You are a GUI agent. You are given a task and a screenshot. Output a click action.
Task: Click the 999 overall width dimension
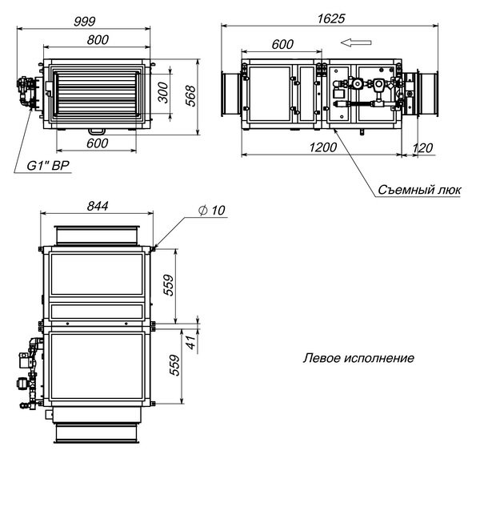click(x=96, y=20)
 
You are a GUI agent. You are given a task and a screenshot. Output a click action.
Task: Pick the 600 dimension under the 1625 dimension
click(x=282, y=44)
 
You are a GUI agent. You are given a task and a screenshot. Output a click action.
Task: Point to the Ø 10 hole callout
click(x=212, y=210)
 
